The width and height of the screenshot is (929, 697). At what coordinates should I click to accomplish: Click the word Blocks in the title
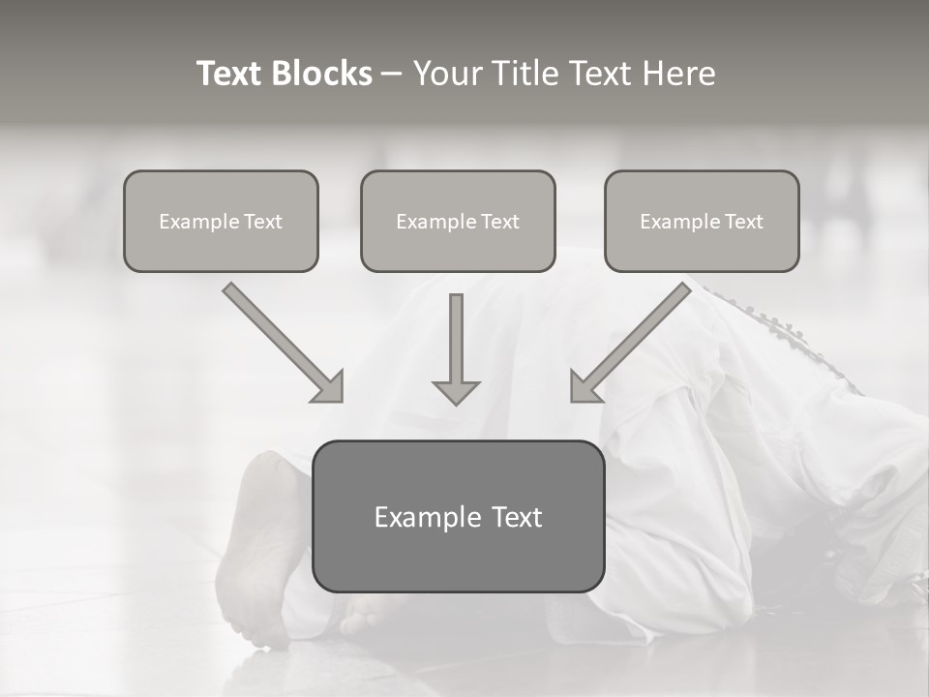coord(325,74)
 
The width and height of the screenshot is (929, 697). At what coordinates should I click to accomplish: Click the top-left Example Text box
coord(221,221)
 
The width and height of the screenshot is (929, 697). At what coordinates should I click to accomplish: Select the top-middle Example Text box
coord(458,221)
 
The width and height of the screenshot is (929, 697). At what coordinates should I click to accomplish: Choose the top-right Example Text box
coord(702,221)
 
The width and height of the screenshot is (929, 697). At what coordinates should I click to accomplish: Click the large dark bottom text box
coord(458,516)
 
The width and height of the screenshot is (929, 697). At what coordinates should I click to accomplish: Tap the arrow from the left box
coord(281,341)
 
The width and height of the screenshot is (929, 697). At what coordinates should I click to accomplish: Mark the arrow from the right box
coord(634,341)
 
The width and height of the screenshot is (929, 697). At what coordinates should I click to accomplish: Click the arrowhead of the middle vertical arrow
coord(456,392)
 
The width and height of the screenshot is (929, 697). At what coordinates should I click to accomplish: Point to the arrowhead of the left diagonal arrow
coord(329,387)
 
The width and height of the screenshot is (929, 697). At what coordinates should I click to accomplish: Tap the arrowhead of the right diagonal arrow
coord(584,387)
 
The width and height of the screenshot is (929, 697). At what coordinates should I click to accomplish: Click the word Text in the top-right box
coord(743,222)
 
